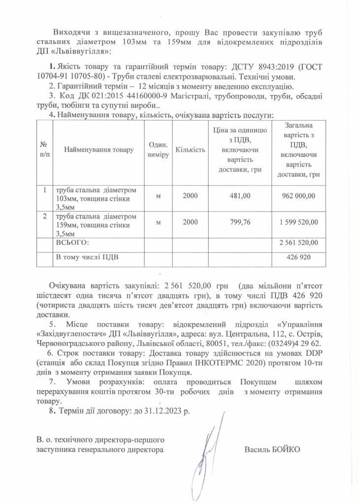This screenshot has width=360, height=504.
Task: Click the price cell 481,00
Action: point(240,196)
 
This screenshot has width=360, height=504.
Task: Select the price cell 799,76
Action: point(240,222)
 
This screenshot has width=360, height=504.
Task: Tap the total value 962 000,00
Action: point(298,196)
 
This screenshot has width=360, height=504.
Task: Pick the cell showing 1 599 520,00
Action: point(298,222)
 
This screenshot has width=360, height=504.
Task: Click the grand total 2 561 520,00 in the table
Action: point(298,243)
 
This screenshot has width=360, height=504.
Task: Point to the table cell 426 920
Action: point(298,257)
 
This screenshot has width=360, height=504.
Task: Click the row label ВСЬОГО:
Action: point(72,243)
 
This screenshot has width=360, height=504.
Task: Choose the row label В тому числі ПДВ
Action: point(88,257)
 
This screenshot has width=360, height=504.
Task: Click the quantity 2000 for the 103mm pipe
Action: point(190,196)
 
